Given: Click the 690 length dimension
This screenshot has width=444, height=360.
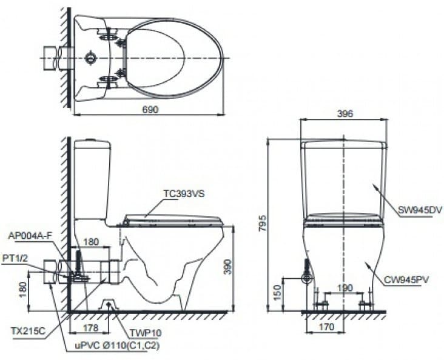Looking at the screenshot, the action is pyautogui.click(x=150, y=109).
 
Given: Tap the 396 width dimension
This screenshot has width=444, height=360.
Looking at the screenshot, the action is pyautogui.click(x=345, y=113).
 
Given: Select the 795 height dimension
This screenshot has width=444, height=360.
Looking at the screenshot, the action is pyautogui.click(x=263, y=223).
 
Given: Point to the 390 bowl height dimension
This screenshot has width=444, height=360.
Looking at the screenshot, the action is pyautogui.click(x=228, y=267).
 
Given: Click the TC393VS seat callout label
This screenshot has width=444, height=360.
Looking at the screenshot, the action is pyautogui.click(x=184, y=193).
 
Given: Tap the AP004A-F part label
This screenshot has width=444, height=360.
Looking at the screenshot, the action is pyautogui.click(x=30, y=236).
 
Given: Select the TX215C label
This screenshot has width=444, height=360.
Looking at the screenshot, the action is pyautogui.click(x=28, y=330).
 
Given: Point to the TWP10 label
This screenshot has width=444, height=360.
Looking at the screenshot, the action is pyautogui.click(x=146, y=333).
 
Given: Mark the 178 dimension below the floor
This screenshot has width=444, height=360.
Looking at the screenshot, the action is pyautogui.click(x=91, y=327).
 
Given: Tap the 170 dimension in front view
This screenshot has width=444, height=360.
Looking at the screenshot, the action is pyautogui.click(x=326, y=327).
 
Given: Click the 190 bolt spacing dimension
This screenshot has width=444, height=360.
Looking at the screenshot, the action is pyautogui.click(x=345, y=288).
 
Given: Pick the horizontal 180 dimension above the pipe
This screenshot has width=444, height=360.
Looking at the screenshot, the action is pyautogui.click(x=91, y=242).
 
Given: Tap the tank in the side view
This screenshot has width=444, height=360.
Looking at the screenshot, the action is pyautogui.click(x=93, y=179).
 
